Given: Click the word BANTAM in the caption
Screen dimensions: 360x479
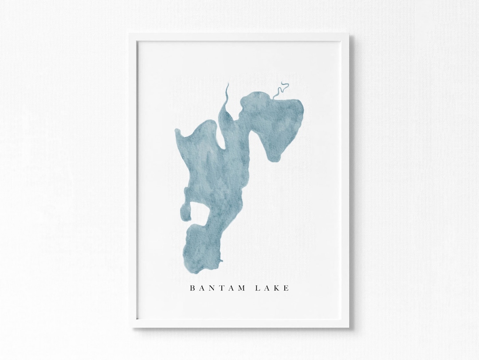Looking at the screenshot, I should click(x=217, y=288).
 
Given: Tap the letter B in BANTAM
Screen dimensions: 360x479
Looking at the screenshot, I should click(x=192, y=288).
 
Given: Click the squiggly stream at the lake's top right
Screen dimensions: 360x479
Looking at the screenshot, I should click(x=280, y=90).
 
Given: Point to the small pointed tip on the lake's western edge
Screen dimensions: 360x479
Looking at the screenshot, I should click(x=177, y=131).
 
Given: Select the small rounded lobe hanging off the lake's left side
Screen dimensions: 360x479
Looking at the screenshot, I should click(x=186, y=213).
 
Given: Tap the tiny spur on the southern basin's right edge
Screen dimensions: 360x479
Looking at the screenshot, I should click(x=221, y=260).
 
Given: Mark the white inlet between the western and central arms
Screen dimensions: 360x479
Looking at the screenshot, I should click(x=220, y=138).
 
